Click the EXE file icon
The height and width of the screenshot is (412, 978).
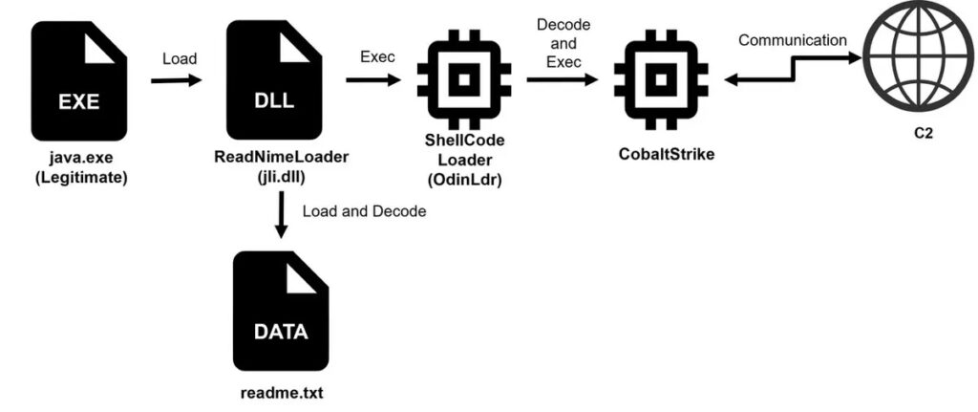79,81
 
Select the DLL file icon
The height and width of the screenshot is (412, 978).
274,81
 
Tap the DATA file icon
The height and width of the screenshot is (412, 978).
281,312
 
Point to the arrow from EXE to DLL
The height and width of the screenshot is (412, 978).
177,81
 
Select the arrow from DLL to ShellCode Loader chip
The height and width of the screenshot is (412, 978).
372,81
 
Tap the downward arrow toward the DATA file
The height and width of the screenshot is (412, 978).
282,216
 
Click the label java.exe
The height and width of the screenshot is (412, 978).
79,157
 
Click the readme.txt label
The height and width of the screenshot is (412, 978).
282,393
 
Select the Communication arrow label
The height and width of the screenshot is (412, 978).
792,40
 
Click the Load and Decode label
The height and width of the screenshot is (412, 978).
364,211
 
